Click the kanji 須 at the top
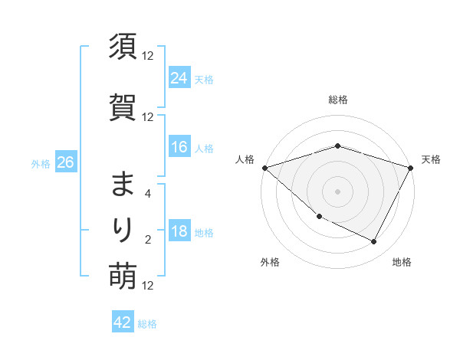(123, 47)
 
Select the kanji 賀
(123, 106)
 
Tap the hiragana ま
(123, 185)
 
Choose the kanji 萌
(123, 275)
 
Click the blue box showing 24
(179, 78)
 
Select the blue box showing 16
(179, 147)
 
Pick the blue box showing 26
(65, 163)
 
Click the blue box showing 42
(123, 322)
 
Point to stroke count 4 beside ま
(148, 195)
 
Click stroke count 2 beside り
(148, 240)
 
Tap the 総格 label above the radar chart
(338, 100)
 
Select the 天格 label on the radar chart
(432, 159)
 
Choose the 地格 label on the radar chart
(402, 262)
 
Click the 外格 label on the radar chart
(270, 262)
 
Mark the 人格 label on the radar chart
(245, 159)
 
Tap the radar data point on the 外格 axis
(319, 217)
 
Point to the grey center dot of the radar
(338, 191)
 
